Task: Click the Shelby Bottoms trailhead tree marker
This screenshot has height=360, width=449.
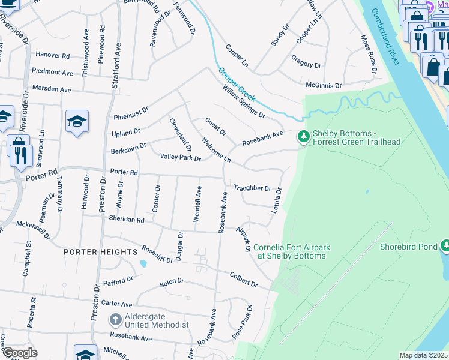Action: pyautogui.click(x=304, y=137)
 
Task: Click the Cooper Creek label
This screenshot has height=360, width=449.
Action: pyautogui.click(x=237, y=83)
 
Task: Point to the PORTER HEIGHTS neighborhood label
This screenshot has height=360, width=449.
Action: pyautogui.click(x=101, y=253)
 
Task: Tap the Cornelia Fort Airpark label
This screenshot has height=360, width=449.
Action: pyautogui.click(x=289, y=251)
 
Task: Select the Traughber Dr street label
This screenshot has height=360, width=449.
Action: pyautogui.click(x=253, y=188)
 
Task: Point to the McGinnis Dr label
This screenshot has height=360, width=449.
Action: pyautogui.click(x=324, y=86)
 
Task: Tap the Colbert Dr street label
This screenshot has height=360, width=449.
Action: pyautogui.click(x=243, y=280)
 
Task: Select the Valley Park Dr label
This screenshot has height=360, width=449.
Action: pyautogui.click(x=180, y=157)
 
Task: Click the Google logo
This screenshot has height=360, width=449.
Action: pyautogui.click(x=19, y=353)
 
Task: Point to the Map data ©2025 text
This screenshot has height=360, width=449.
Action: pyautogui.click(x=423, y=355)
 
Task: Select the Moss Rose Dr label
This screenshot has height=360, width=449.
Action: pyautogui.click(x=368, y=56)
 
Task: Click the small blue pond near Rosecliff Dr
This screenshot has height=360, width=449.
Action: pyautogui.click(x=143, y=263)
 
